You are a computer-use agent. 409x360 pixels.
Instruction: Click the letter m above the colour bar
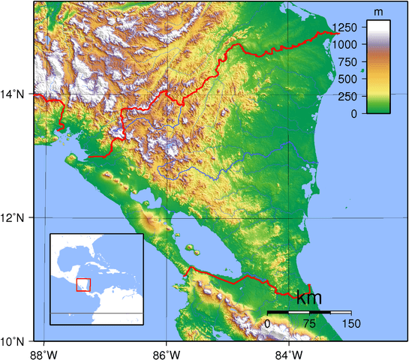click(379, 13)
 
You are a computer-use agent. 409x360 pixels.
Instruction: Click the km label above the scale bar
click(309, 298)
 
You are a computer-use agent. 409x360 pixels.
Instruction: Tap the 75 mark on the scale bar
click(309, 323)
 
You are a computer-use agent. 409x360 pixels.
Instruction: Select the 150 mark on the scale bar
click(351, 323)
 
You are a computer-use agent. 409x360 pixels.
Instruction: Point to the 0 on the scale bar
click(268, 323)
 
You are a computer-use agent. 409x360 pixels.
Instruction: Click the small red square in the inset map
click(83, 285)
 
